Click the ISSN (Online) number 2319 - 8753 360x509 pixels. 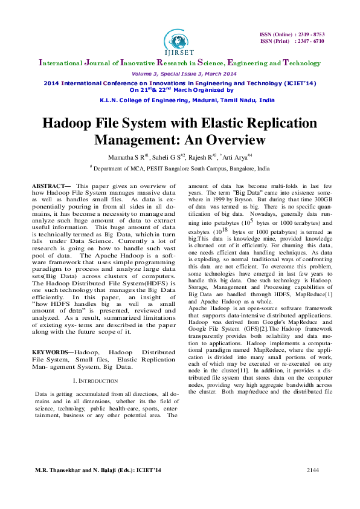coord(310,34)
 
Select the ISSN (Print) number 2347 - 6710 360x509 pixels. coord(310,41)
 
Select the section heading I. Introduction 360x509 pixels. coord(95,381)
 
